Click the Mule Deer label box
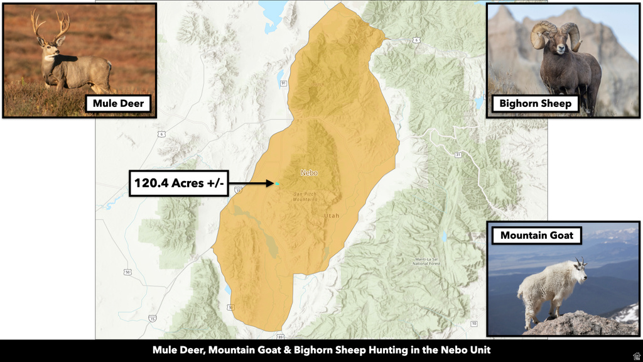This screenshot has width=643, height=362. click(x=119, y=103)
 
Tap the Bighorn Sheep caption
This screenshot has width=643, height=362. click(x=535, y=103)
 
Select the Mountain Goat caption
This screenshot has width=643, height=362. click(x=536, y=236)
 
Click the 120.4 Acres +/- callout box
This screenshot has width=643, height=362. click(x=178, y=184)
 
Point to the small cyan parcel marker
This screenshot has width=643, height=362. click(x=276, y=184)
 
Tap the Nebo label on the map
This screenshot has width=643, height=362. click(x=309, y=173)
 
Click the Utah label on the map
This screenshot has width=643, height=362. click(x=331, y=216)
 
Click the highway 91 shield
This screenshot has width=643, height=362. click(x=284, y=82)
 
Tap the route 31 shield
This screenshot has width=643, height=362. click(x=458, y=155)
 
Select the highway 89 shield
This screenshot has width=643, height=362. click(x=280, y=336)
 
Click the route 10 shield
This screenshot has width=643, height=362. click(x=473, y=324)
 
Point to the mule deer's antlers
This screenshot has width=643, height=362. click(x=50, y=23)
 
